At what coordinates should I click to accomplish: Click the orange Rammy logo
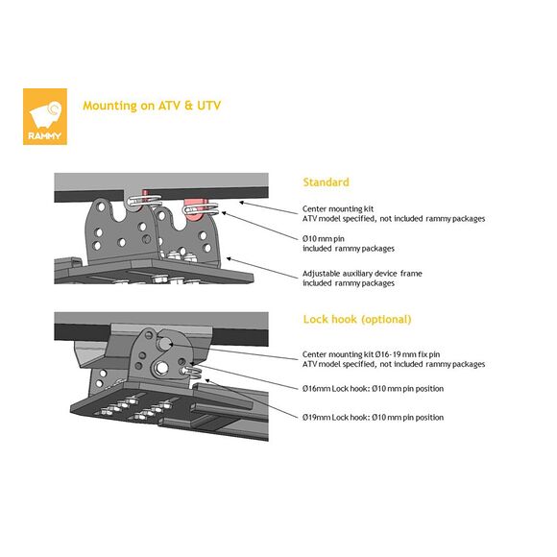45,116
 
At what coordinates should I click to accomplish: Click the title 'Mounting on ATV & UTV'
152,106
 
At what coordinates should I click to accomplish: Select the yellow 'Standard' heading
326,182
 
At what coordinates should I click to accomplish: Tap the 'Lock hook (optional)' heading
357,319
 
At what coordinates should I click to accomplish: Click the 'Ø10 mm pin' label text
324,239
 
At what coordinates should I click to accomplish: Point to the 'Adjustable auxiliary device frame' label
362,274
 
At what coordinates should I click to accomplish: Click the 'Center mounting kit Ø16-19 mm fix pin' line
372,354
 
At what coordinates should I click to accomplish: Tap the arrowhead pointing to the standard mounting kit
242,203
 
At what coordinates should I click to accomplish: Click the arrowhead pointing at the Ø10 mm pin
224,213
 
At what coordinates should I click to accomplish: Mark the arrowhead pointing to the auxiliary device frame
230,259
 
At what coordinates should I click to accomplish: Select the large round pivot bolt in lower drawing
161,368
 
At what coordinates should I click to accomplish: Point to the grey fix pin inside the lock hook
165,343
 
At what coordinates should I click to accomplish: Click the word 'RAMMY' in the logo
45,135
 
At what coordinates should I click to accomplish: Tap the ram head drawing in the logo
46,114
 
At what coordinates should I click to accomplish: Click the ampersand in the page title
188,106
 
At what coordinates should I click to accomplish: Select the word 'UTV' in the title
209,106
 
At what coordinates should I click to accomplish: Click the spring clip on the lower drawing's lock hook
192,372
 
